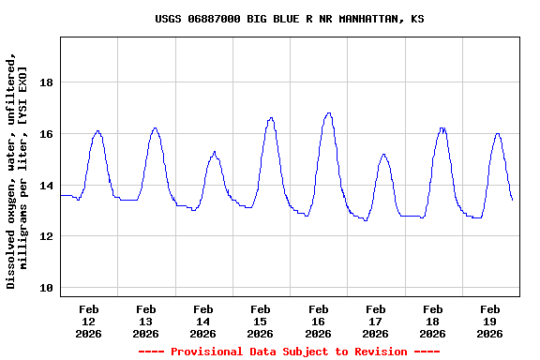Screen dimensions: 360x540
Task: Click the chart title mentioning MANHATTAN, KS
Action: [x=289, y=19]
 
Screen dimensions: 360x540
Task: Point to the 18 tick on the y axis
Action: [x=47, y=82]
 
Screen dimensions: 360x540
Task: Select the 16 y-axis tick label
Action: [x=47, y=134]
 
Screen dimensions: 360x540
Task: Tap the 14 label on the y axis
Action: [x=47, y=186]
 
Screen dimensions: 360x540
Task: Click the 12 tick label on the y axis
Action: [x=47, y=236]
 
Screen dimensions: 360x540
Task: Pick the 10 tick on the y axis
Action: [x=47, y=288]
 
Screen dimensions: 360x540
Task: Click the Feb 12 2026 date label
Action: [x=89, y=321]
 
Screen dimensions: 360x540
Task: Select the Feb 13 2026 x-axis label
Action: [x=146, y=321]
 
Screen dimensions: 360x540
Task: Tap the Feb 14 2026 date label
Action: [x=203, y=321]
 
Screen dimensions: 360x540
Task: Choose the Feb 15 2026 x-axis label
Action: [x=261, y=321]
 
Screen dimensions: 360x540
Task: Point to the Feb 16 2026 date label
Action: [x=318, y=321]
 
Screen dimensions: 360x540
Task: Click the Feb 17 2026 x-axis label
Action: [x=375, y=321]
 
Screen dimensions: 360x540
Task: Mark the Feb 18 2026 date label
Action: [x=432, y=321]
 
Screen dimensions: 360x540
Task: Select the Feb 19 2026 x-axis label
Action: [x=489, y=321]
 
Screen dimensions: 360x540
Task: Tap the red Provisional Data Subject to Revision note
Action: [x=289, y=352]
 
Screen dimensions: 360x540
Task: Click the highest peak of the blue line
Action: [x=328, y=113]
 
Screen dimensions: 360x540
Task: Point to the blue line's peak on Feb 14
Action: [x=215, y=151]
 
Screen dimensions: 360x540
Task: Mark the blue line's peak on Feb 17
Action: [x=383, y=154]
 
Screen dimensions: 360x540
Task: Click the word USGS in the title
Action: [x=169, y=19]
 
